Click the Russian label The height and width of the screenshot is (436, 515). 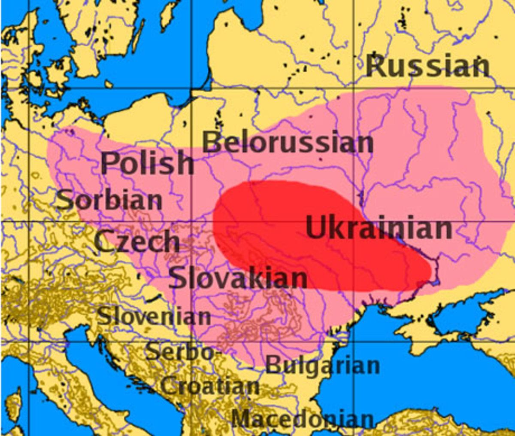pos(427,66)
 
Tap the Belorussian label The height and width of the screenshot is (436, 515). pos(288,143)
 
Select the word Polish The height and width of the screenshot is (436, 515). pos(147,163)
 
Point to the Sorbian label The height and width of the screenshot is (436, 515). pos(109,200)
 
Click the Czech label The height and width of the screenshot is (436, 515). pos(137,241)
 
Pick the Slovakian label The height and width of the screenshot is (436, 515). pos(238,278)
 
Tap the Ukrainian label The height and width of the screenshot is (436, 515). pos(379,228)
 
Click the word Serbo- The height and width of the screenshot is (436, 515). pos(179,352)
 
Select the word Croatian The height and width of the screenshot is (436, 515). pos(210,386)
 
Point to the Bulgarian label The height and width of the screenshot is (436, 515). pos(323,366)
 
